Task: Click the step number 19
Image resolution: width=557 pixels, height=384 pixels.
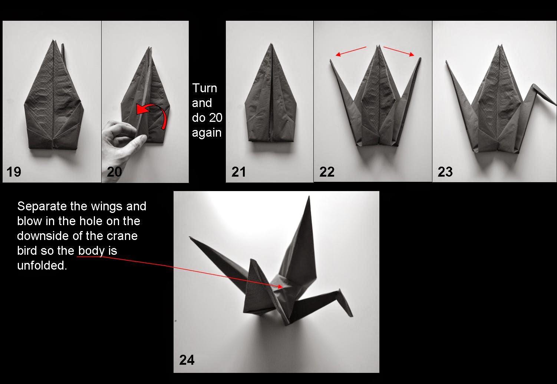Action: tap(14, 172)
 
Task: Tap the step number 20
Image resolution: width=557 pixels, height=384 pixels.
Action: tap(114, 172)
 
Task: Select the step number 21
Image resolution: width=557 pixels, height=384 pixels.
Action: tap(238, 172)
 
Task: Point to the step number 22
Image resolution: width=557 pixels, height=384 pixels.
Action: tap(327, 172)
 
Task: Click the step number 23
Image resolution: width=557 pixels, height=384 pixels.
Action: tap(445, 172)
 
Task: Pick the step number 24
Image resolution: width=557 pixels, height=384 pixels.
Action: tap(187, 360)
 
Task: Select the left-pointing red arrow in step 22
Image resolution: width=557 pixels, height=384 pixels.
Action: tap(350, 51)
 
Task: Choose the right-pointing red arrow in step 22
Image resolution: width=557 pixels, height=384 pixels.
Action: tap(399, 51)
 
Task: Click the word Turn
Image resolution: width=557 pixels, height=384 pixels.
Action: tap(204, 88)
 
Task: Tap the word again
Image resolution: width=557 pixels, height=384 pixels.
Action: tap(206, 133)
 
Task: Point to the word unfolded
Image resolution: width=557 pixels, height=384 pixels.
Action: tap(42, 266)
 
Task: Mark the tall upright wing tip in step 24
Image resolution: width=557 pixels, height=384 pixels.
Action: tap(309, 198)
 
